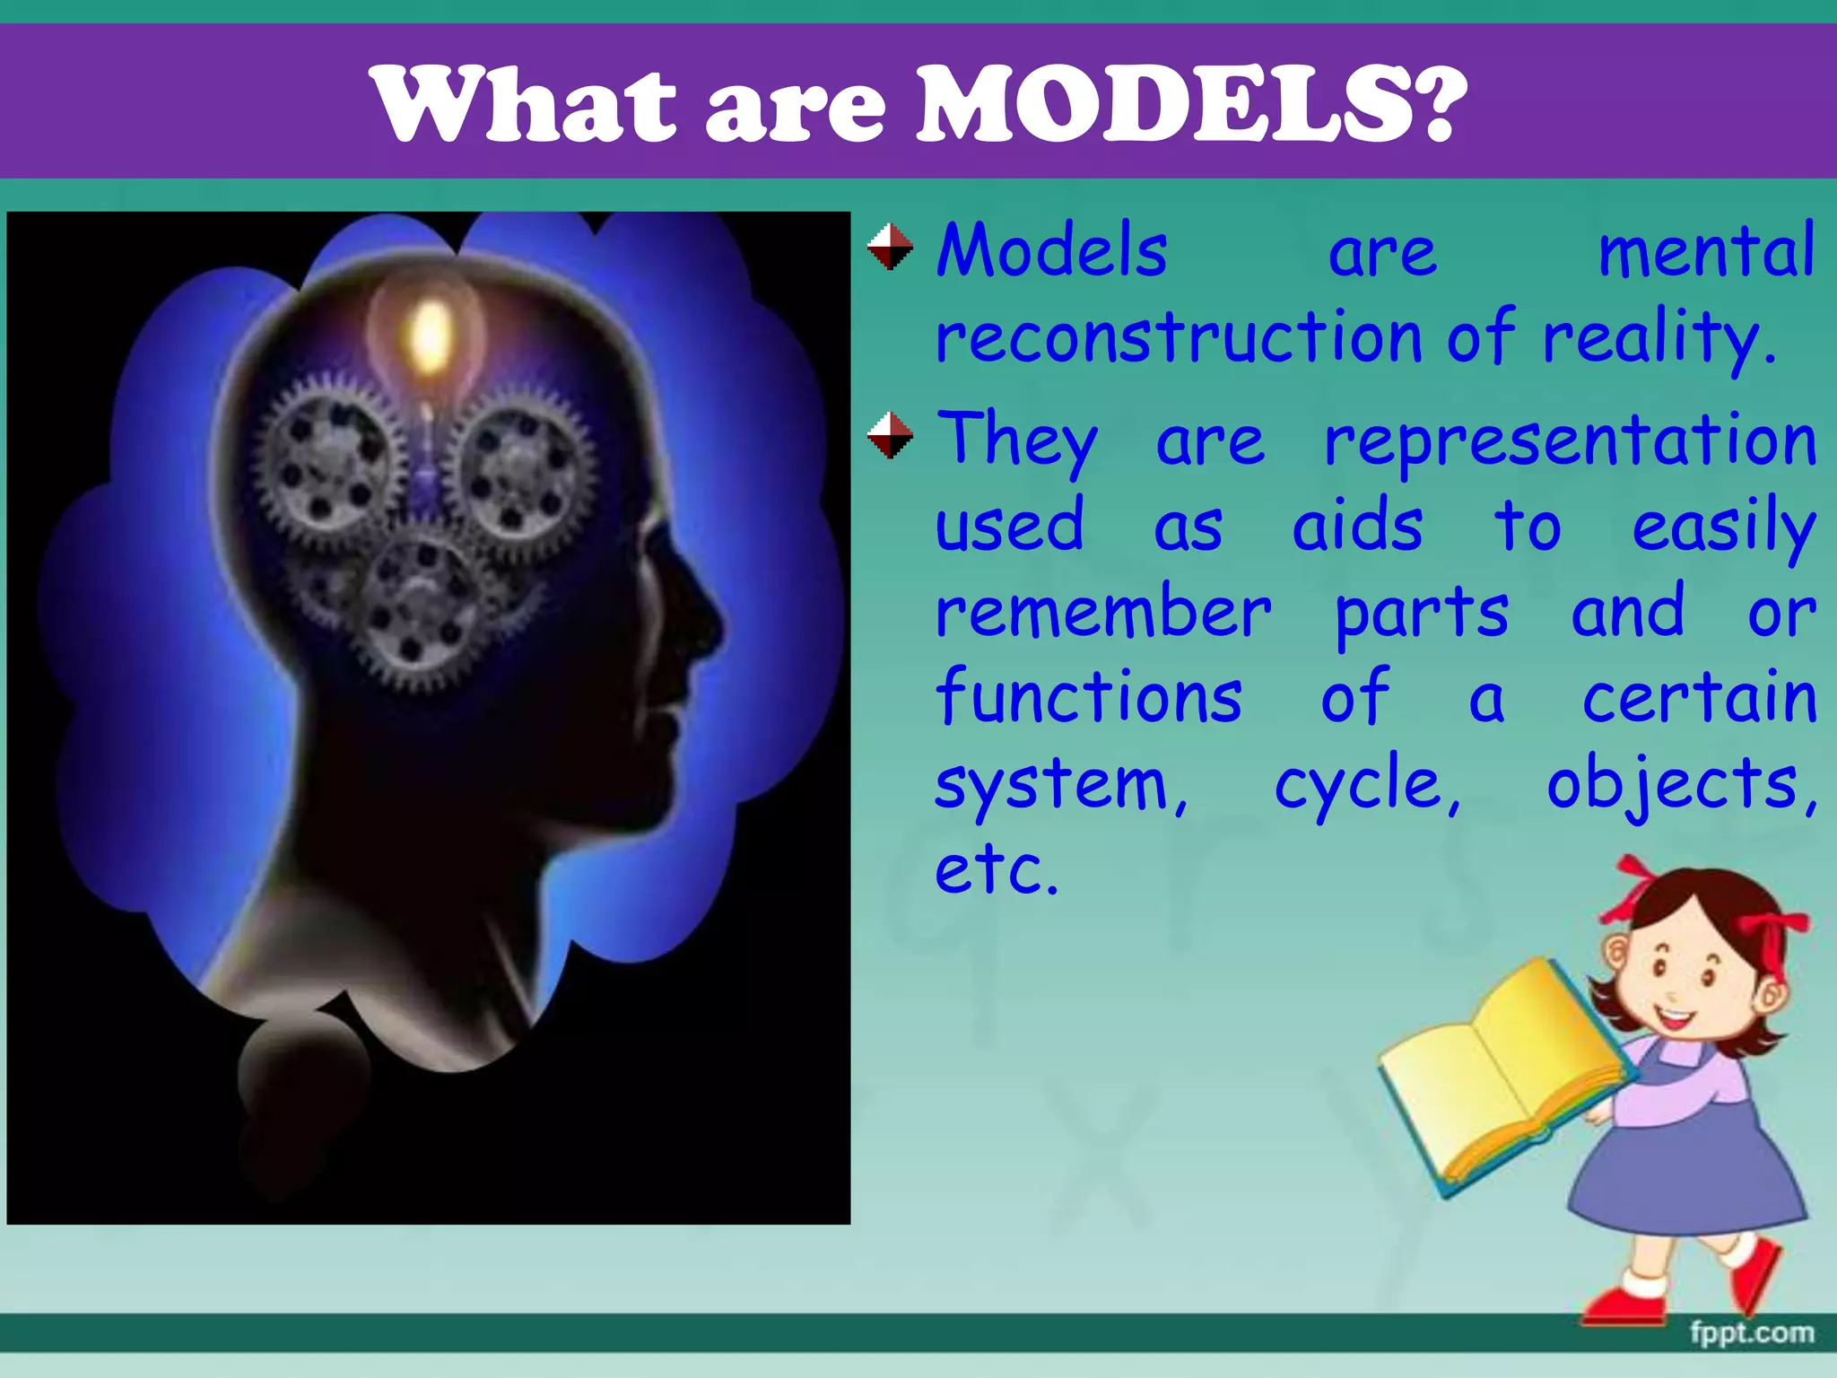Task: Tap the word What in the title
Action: tap(525, 103)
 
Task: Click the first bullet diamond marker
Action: tap(890, 247)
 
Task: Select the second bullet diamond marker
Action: tap(890, 435)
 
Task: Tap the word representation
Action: tap(1571, 440)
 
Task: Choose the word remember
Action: tap(1103, 612)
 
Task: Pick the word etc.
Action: tap(996, 868)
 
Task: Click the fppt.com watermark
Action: tap(1752, 1333)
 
